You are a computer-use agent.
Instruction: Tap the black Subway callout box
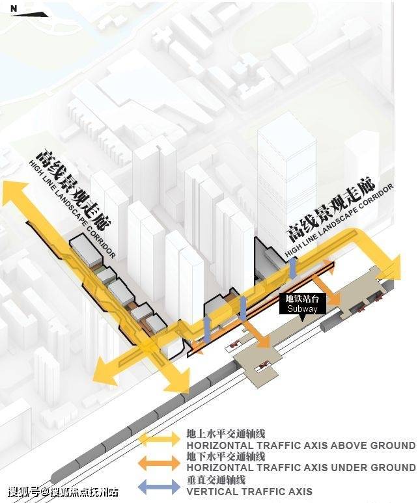[302, 303]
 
